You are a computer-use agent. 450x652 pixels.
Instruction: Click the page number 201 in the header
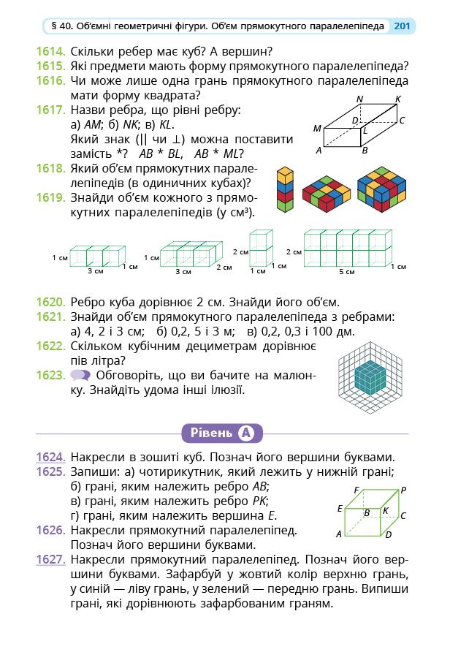point(401,26)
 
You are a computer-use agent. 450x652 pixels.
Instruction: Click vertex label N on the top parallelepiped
point(359,99)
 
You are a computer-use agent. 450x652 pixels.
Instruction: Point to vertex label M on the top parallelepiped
point(317,129)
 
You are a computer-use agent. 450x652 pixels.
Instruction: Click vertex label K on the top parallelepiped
point(397,99)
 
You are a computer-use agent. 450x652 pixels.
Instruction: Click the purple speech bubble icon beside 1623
point(80,376)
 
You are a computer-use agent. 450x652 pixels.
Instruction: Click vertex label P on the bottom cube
point(403,490)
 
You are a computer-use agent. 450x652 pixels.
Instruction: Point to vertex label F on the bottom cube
point(356,490)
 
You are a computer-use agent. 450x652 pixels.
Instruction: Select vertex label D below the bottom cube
point(388,534)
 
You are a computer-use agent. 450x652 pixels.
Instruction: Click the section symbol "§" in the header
point(54,26)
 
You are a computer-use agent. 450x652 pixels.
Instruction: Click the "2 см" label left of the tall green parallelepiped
point(240,251)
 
